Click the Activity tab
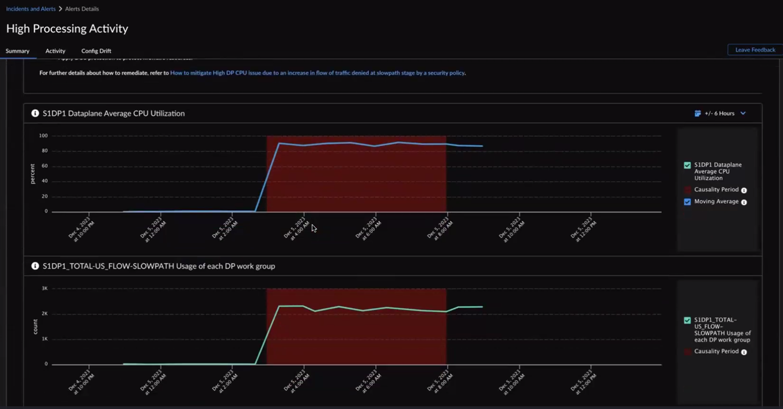(x=55, y=51)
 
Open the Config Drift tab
(x=96, y=51)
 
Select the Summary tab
(x=18, y=51)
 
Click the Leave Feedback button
(x=755, y=50)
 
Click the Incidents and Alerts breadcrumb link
(x=31, y=9)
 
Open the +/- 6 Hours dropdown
(x=720, y=113)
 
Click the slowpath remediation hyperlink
(x=317, y=73)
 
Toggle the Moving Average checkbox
(x=687, y=202)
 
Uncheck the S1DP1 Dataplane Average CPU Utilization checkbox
(x=687, y=165)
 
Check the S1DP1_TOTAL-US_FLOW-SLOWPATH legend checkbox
(x=687, y=321)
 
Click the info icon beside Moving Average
(x=744, y=202)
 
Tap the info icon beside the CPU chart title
(x=35, y=113)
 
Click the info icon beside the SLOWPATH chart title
(x=35, y=266)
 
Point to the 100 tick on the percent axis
(x=44, y=136)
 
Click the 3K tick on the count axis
(x=45, y=288)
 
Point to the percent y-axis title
(x=33, y=173)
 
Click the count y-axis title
(x=35, y=326)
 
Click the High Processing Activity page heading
(x=67, y=29)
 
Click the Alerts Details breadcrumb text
(x=82, y=9)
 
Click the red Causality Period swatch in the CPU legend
(x=687, y=190)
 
